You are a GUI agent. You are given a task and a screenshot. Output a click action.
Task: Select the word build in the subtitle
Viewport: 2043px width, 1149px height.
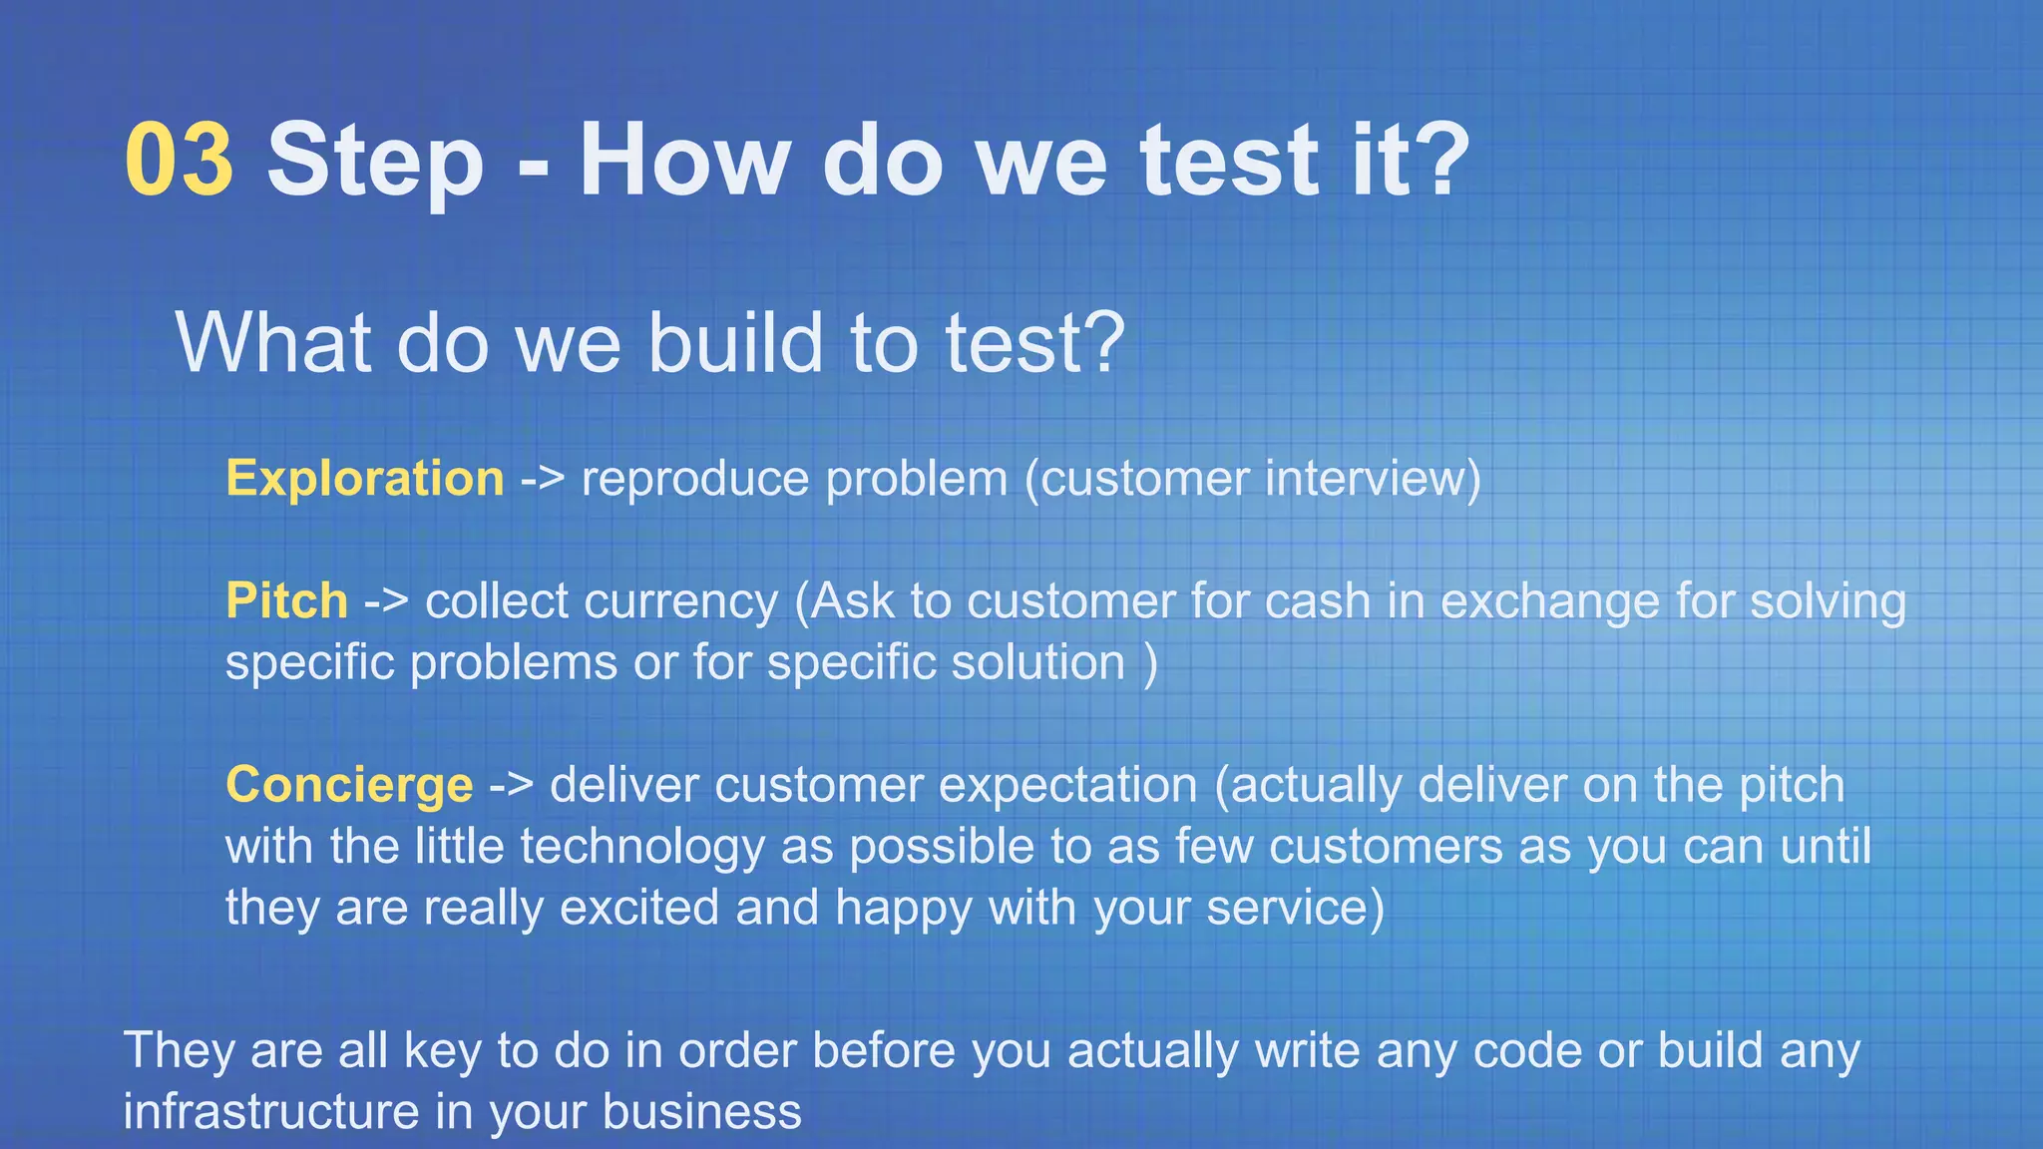[x=736, y=342]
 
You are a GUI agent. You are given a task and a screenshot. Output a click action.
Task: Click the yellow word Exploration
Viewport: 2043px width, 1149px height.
[x=365, y=480]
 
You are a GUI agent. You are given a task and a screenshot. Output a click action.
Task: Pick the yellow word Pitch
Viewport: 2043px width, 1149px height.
[x=286, y=601]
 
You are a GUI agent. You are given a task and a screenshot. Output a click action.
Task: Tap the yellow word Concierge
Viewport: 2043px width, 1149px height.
[x=349, y=786]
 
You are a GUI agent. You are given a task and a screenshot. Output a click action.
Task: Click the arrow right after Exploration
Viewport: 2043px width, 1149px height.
[x=543, y=480]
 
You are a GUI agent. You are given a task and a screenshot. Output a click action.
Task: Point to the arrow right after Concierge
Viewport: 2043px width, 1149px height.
[x=512, y=786]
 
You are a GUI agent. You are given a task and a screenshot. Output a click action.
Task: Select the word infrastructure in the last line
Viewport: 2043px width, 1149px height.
[x=269, y=1111]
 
